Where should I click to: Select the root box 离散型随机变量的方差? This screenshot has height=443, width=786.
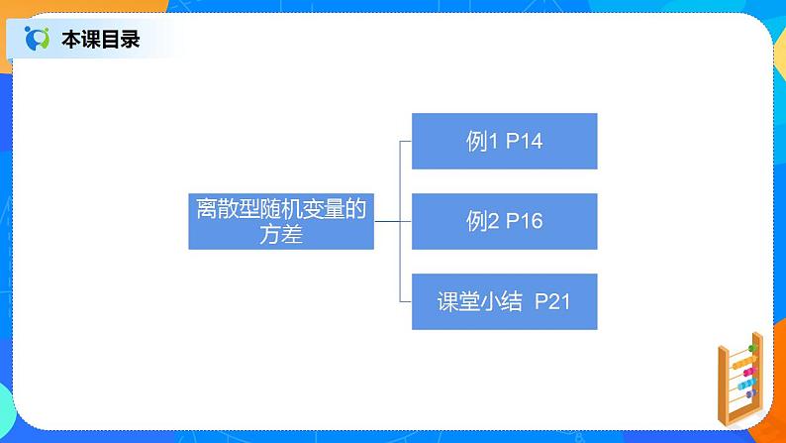click(x=281, y=221)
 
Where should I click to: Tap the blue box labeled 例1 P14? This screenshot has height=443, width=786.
click(x=504, y=141)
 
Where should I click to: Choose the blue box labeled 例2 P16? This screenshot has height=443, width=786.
click(x=504, y=221)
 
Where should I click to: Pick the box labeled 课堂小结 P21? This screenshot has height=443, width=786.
click(x=504, y=301)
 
